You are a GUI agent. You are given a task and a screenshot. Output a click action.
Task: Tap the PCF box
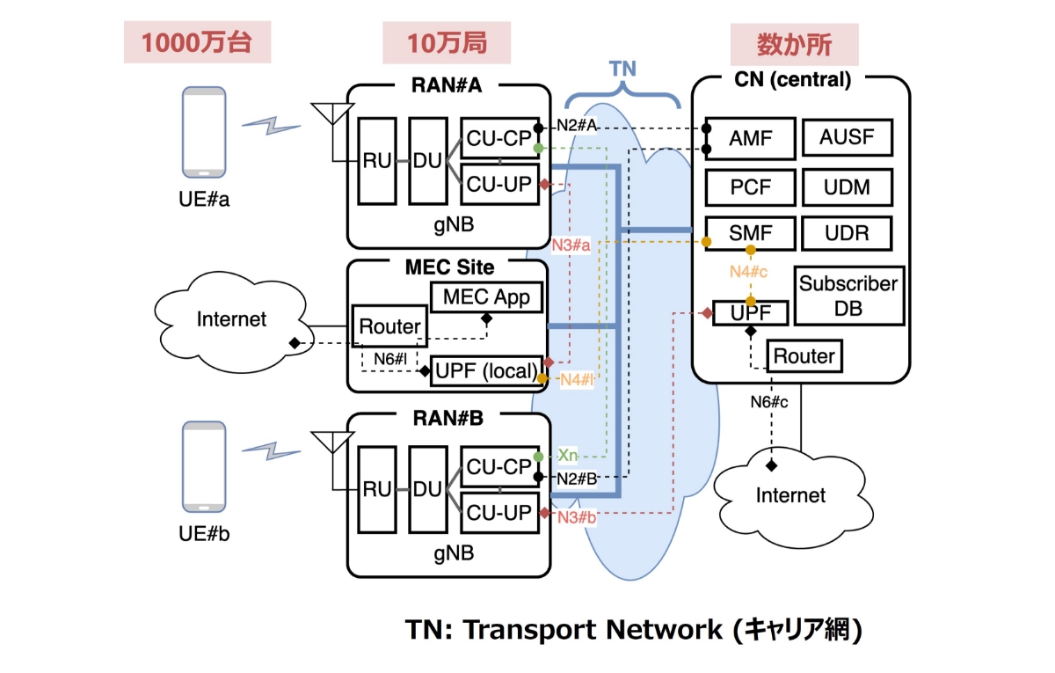tap(750, 187)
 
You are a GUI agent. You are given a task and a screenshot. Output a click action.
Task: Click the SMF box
tap(750, 234)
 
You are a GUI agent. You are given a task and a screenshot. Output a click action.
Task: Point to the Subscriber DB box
tap(848, 296)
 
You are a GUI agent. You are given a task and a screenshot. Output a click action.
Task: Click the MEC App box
tap(486, 296)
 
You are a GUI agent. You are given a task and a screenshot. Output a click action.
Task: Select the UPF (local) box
tap(484, 371)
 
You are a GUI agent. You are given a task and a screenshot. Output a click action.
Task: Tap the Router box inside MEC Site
tap(389, 327)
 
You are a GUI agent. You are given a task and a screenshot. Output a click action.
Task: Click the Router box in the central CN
tap(804, 356)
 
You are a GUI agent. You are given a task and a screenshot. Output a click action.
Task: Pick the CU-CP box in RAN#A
tap(498, 139)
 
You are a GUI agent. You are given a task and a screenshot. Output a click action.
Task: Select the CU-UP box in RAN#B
tap(498, 511)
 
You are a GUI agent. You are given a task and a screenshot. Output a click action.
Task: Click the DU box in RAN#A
tap(428, 160)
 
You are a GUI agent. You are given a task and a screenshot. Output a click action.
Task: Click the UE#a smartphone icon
tap(204, 132)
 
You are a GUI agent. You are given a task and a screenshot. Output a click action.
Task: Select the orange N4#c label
tap(748, 272)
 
